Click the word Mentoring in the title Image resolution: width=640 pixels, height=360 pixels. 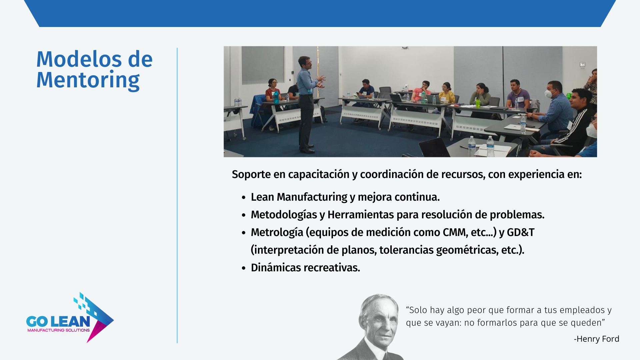pos(88,80)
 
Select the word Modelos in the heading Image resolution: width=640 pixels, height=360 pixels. pos(79,59)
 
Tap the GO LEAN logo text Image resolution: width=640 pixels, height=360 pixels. pos(58,321)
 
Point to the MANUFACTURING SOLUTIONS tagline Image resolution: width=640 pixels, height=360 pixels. pos(59,330)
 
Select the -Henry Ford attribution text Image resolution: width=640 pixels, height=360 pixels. pos(596,339)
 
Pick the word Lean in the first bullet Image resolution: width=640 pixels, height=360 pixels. pos(262,197)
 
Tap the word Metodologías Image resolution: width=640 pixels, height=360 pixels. pos(284,215)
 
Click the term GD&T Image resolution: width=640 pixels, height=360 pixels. pos(521,232)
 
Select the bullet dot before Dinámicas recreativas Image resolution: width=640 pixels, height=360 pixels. pos(244,268)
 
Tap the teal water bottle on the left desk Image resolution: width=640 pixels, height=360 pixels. pos(276,97)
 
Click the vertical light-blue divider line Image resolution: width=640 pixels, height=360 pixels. pos(177,195)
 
